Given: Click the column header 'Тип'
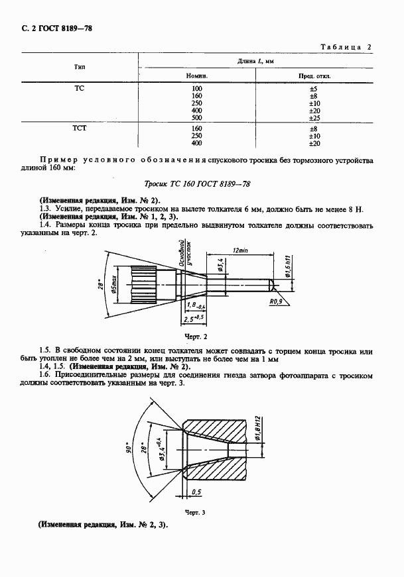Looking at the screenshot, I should click(x=79, y=68).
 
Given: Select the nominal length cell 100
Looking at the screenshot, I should click(x=196, y=88).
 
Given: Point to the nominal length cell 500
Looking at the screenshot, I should click(x=196, y=118).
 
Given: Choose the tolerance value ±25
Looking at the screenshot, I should click(x=314, y=118).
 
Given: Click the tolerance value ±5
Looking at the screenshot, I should click(x=314, y=88).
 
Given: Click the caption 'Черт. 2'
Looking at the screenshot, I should click(x=192, y=337).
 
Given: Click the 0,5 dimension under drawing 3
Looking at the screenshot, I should click(x=196, y=492).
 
